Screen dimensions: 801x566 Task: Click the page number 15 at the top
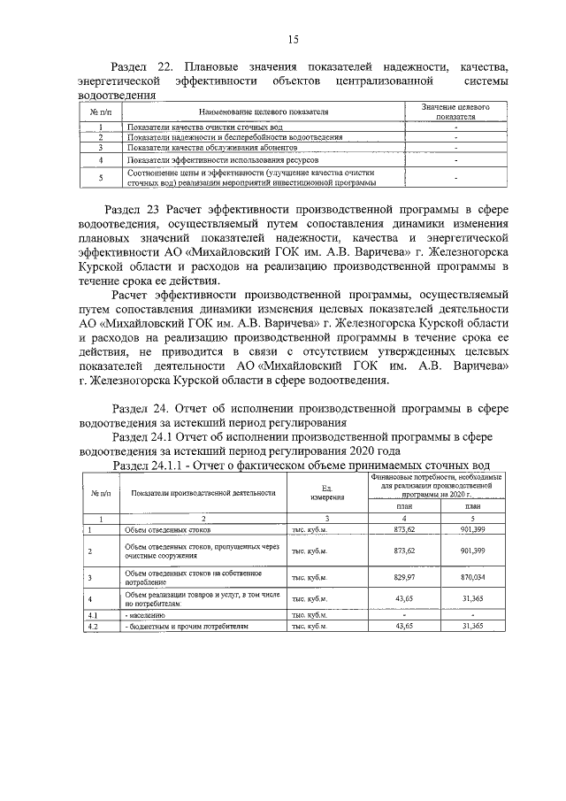pos(293,38)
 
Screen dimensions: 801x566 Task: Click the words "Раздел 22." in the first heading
pos(145,67)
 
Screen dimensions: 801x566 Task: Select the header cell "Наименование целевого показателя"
pos(264,112)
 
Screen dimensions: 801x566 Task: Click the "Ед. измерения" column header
pos(326,492)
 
